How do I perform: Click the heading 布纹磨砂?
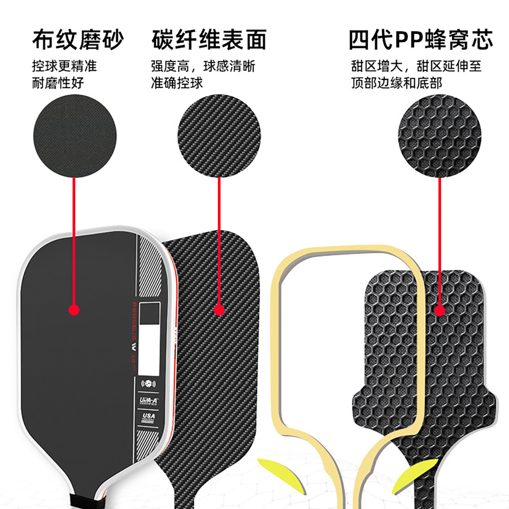pyautogui.click(x=78, y=40)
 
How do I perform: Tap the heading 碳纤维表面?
pyautogui.click(x=209, y=40)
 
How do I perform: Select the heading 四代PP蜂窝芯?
pyautogui.click(x=421, y=40)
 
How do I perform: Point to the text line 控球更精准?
pyautogui.click(x=64, y=66)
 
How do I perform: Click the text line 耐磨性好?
pyautogui.click(x=58, y=83)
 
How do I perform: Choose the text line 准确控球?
pyautogui.click(x=177, y=83)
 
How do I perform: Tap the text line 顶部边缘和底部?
pyautogui.click(x=397, y=83)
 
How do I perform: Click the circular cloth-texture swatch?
pyautogui.click(x=75, y=136)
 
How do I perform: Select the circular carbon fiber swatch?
pyautogui.click(x=219, y=136)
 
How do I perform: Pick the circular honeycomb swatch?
pyautogui.click(x=439, y=136)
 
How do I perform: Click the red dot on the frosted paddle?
pyautogui.click(x=74, y=310)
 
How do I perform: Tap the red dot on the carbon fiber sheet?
pyautogui.click(x=220, y=310)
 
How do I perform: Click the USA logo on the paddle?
pyautogui.click(x=148, y=417)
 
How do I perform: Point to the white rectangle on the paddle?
pyautogui.click(x=148, y=350)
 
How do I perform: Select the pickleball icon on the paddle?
pyautogui.click(x=148, y=384)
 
